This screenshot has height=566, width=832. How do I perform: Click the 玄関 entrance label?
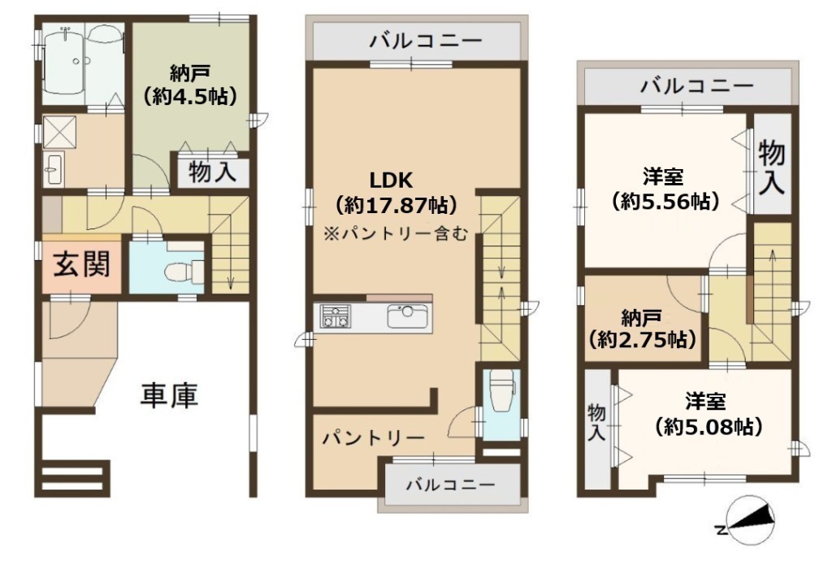point(82,263)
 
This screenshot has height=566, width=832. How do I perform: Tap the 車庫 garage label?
point(169,395)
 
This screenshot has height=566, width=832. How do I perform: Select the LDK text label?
point(391,181)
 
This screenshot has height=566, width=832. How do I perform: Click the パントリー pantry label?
point(375,438)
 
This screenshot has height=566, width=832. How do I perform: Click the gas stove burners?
point(336,316)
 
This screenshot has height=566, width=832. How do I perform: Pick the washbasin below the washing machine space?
point(53,168)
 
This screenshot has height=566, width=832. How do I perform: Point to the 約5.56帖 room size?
point(665,201)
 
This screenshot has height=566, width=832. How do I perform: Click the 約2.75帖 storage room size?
point(642,339)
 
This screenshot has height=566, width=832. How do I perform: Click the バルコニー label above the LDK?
point(426,41)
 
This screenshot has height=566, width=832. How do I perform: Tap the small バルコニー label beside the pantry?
point(451,484)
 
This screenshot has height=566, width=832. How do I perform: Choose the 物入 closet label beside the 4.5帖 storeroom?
point(212,172)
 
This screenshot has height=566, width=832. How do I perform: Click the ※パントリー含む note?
point(396,233)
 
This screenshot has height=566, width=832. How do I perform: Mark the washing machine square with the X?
point(60,131)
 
